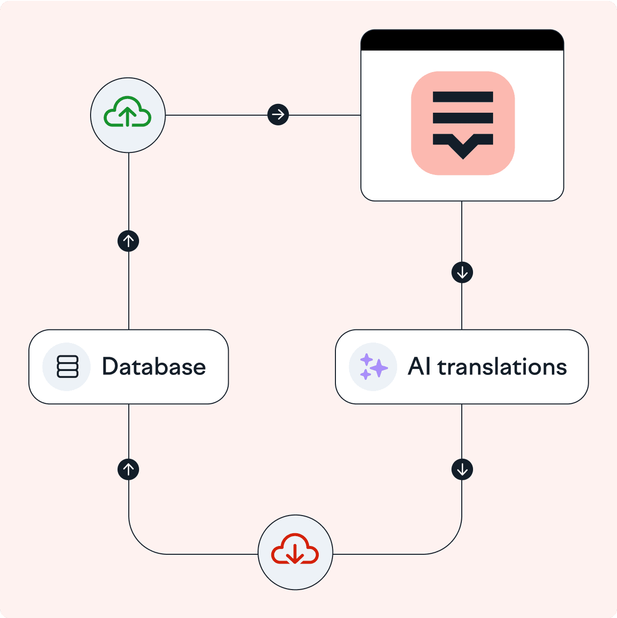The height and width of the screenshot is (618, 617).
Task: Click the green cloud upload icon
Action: point(128,112)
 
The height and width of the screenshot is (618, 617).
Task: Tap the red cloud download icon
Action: point(295,549)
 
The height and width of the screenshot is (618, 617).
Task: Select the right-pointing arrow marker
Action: point(278,115)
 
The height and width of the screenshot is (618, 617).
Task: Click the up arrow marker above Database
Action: point(128,241)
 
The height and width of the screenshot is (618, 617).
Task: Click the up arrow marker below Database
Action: point(128,470)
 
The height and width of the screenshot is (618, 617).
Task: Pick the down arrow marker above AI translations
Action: point(462,272)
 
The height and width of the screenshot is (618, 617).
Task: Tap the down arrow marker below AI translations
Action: point(462,470)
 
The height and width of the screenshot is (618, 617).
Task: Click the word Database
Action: point(154,366)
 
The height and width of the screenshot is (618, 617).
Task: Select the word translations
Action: point(502,366)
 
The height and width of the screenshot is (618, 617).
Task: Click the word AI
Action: point(419,366)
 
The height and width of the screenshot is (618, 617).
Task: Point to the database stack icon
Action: point(67,367)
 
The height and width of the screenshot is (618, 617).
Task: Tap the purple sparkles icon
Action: point(374,367)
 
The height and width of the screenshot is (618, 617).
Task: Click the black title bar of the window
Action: point(462,40)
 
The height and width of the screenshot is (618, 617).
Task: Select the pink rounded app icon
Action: point(463,123)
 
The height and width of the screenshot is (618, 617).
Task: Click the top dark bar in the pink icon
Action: point(463,97)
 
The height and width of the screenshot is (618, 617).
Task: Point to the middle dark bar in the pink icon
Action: point(463,118)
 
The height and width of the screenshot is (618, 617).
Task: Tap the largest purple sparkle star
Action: point(379,368)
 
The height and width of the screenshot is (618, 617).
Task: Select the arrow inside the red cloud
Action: point(295,554)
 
